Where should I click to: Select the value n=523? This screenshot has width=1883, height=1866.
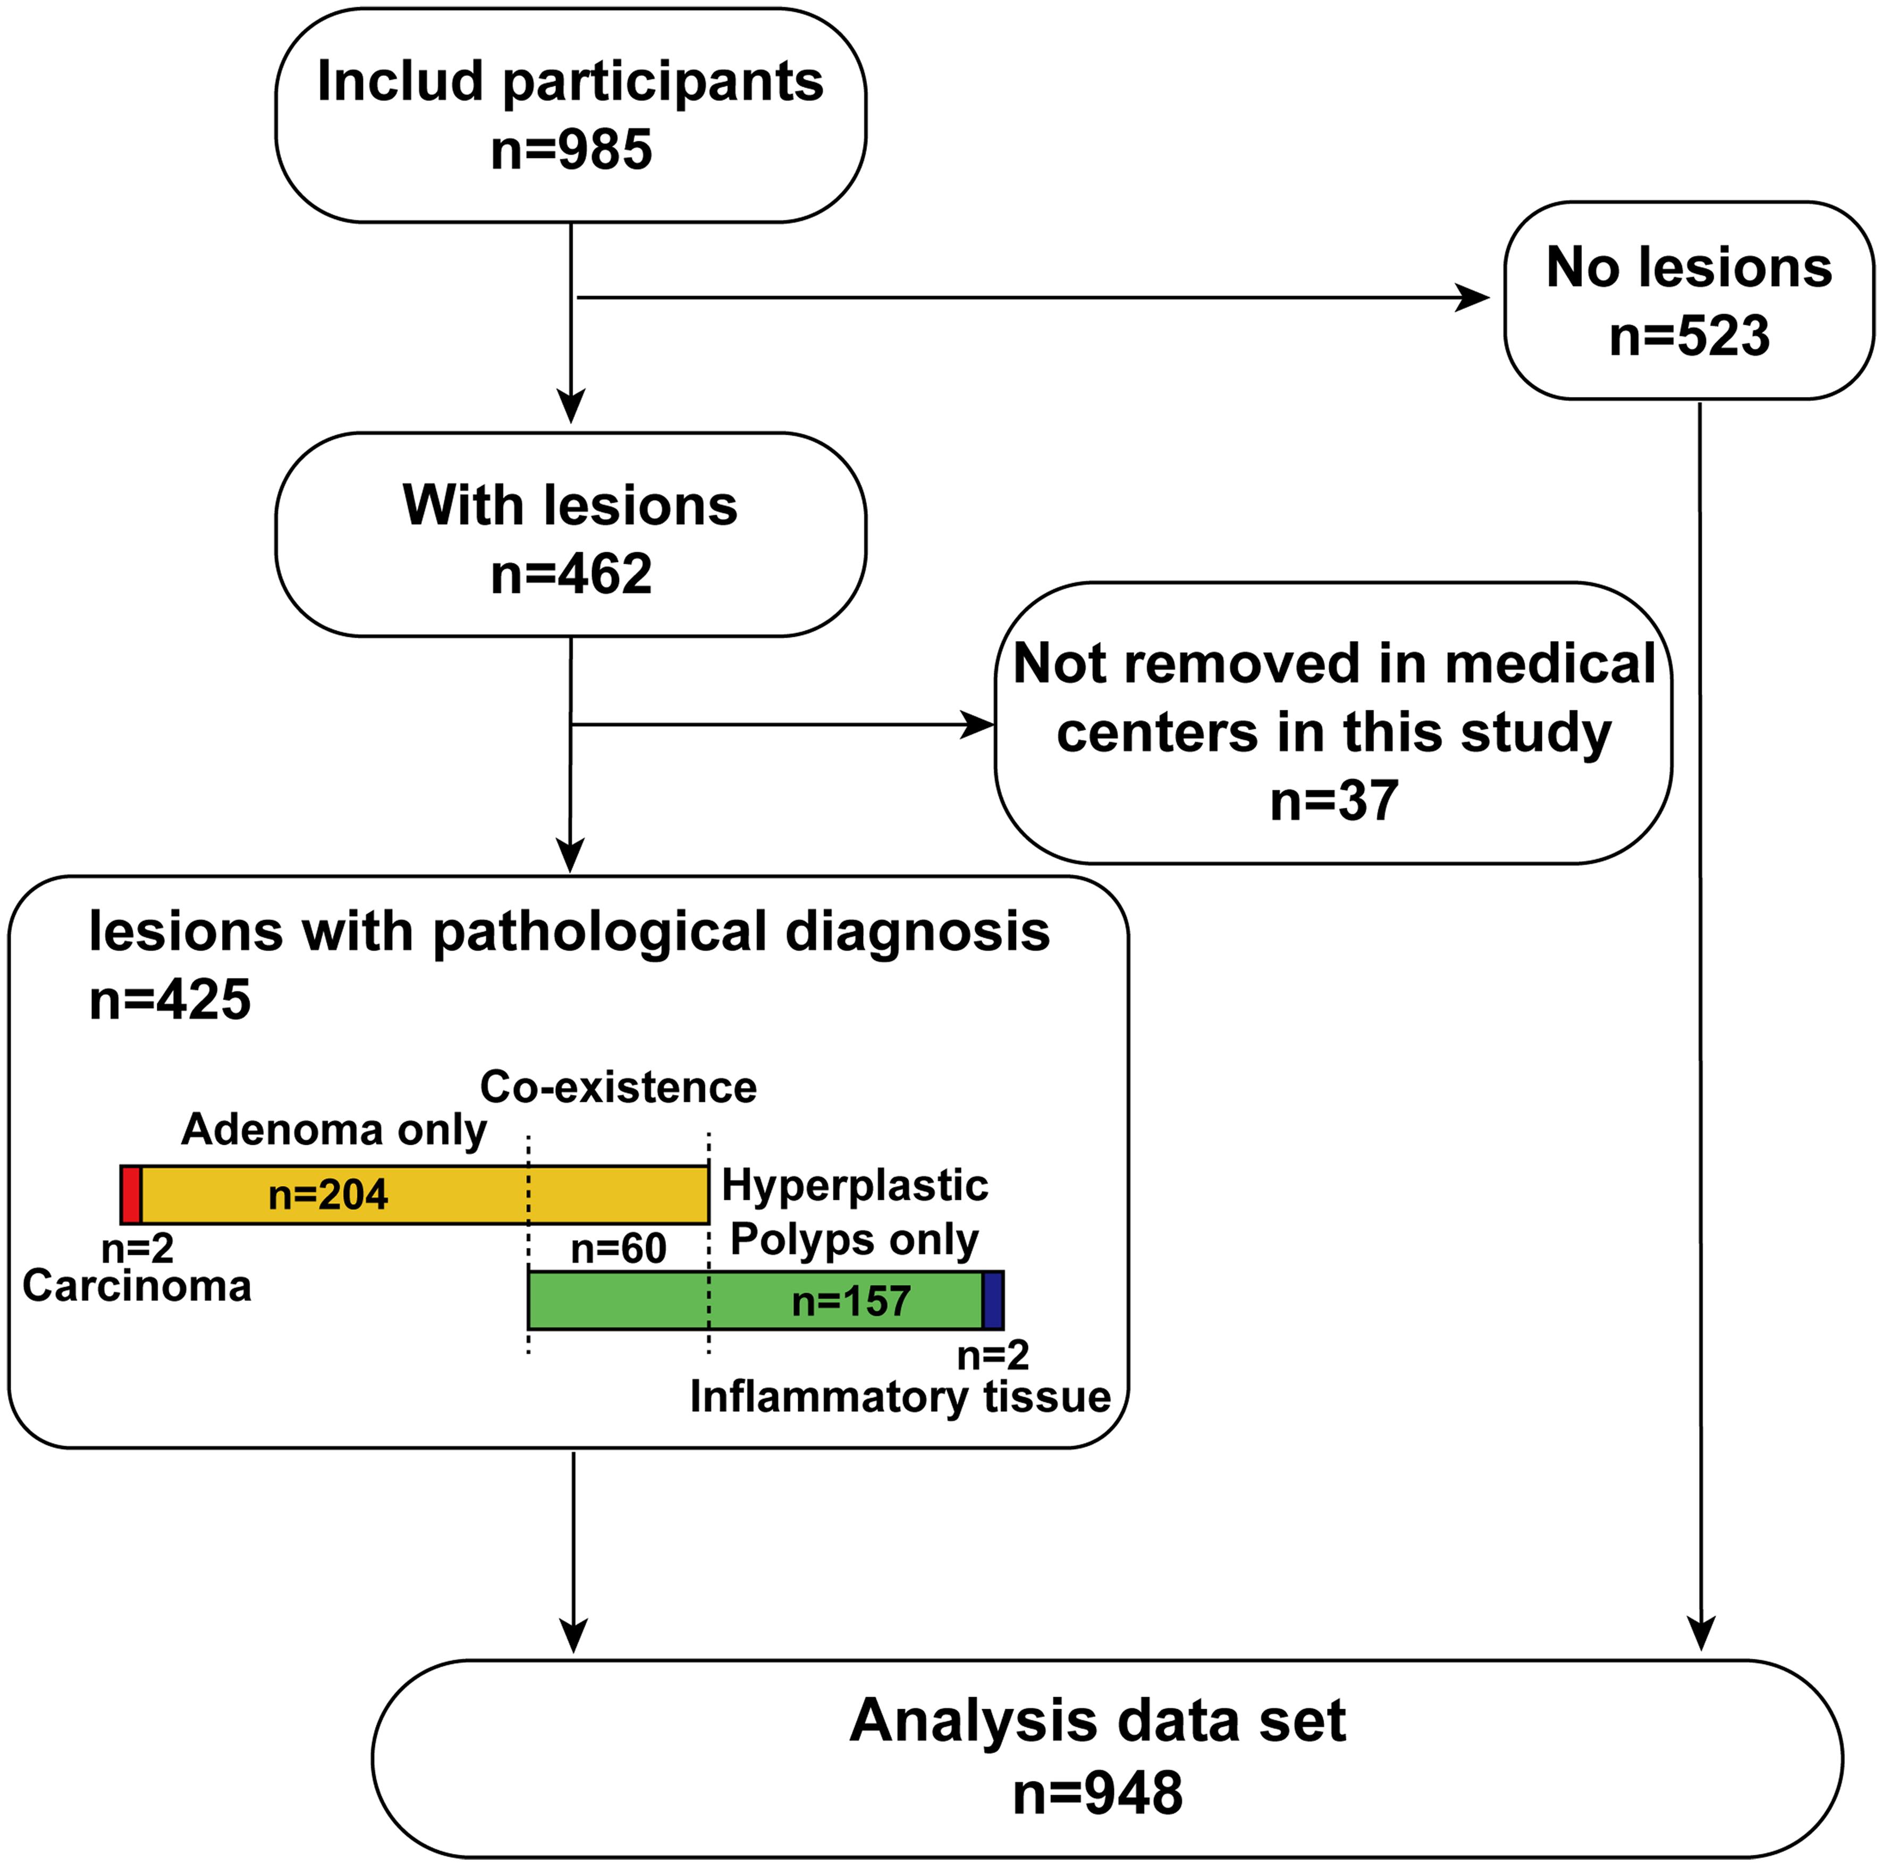pos(1688,336)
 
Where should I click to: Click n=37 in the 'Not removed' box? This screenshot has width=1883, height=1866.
pos(1333,801)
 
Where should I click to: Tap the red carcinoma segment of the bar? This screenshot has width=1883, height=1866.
pos(131,1195)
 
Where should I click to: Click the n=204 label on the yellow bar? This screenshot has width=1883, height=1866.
pos(328,1195)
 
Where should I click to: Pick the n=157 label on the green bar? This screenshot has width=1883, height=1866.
pos(851,1301)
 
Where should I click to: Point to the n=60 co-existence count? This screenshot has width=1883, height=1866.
pos(618,1248)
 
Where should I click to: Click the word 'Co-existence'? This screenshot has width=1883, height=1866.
pos(618,1087)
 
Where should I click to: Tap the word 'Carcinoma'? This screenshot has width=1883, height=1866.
pos(137,1286)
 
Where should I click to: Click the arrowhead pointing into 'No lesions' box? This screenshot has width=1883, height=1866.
pos(1474,298)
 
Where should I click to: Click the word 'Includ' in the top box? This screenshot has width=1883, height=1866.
pos(400,82)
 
